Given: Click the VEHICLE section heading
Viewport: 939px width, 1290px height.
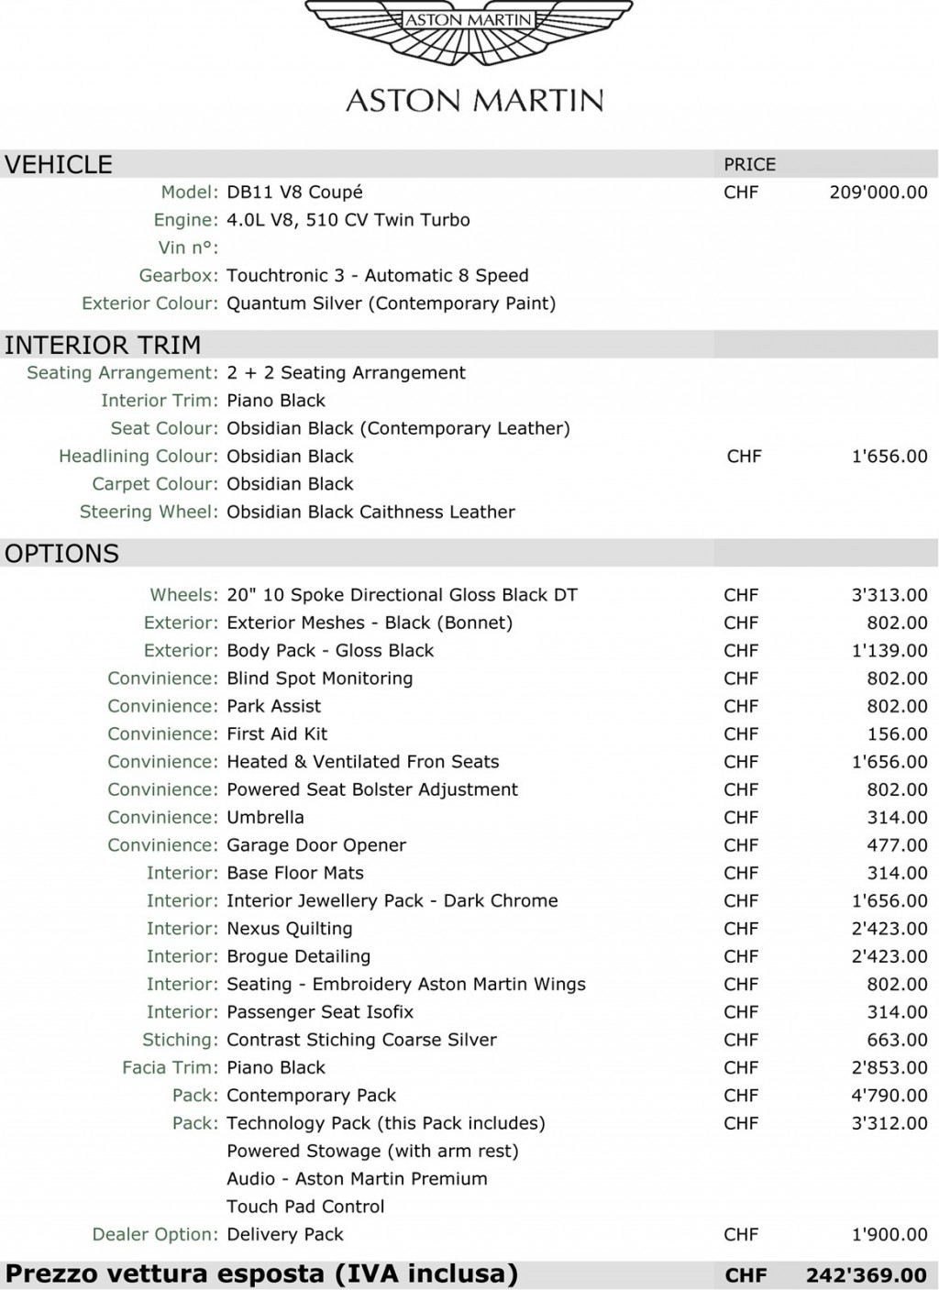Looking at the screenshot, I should coord(59,164).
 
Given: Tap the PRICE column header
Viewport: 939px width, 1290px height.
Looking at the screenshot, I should coord(749,164).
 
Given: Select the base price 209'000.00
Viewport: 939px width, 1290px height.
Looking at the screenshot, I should coord(878,193).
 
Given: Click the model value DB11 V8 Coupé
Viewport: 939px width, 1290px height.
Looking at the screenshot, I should coord(294,193).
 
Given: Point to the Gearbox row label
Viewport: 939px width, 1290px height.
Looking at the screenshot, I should coord(178,276).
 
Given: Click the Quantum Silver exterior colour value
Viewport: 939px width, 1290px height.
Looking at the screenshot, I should coord(391,303).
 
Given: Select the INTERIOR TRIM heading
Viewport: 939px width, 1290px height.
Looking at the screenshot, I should coord(103,345).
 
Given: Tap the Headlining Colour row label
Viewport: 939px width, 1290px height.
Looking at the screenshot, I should coord(138,457).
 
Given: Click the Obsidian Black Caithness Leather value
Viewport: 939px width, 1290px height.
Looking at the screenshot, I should coord(370,512).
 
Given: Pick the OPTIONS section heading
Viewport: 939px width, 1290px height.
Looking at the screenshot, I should coord(61,554).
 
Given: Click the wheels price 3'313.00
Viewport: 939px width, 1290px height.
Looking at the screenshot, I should coord(889,595).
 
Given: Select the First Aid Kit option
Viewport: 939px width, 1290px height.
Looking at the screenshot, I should coord(277,734).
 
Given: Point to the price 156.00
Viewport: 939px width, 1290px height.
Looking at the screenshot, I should coord(897,734).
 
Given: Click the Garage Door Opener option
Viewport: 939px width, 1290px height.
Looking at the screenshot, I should coord(316,845).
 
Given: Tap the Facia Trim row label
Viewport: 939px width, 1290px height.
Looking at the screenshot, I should coord(170,1068).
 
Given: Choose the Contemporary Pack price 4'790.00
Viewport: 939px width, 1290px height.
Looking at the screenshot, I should coord(889,1096).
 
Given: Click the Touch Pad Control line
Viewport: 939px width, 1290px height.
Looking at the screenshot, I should coord(305,1207).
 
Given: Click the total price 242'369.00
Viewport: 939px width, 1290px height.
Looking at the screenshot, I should coord(866,1275).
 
